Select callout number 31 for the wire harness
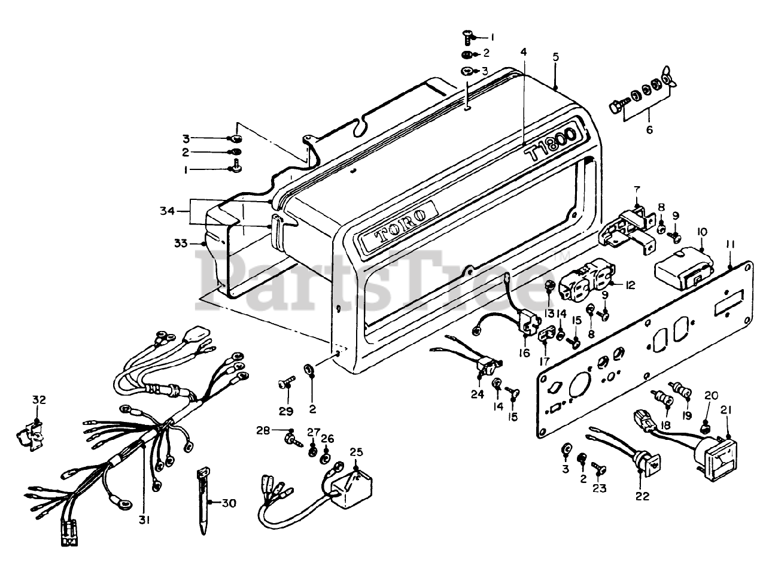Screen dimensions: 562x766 (144, 520)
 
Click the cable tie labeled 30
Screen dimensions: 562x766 (202, 501)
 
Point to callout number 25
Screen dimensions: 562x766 (356, 451)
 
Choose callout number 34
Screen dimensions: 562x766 (167, 211)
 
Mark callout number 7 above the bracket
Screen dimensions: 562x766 (637, 189)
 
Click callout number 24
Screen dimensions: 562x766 (478, 393)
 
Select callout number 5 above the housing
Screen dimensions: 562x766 (555, 57)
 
